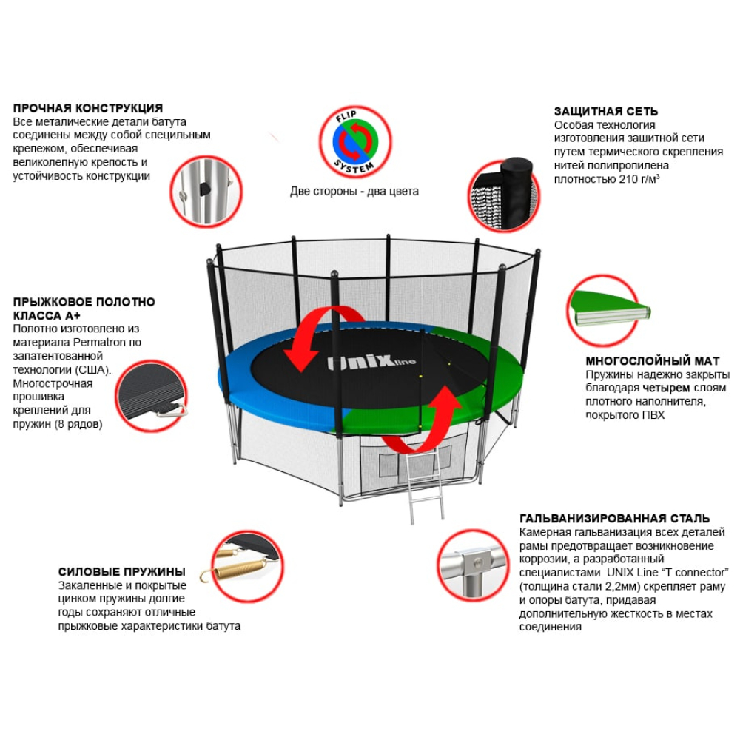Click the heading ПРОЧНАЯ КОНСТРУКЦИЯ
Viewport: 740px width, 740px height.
point(88,108)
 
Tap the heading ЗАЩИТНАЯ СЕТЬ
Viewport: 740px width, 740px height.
point(605,112)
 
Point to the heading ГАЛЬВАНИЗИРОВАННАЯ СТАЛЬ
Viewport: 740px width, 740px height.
point(615,519)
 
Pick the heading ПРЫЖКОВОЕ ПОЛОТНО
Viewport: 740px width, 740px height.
point(84,302)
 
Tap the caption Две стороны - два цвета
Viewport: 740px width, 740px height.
point(354,191)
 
